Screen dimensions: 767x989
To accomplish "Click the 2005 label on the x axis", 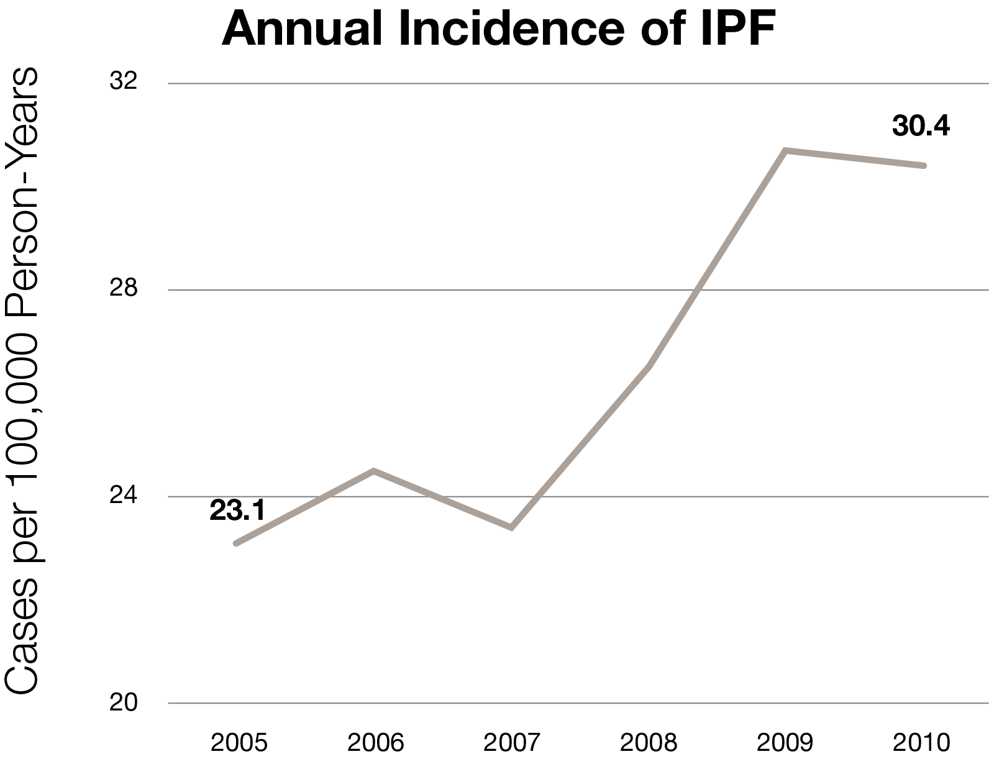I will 239,743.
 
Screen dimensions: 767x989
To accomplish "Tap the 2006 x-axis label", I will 375,743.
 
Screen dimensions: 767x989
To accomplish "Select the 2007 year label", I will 512,743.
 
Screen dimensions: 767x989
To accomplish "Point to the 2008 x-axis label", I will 649,743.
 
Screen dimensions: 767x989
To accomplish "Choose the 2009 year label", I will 785,743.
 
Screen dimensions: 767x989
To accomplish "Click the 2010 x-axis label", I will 921,743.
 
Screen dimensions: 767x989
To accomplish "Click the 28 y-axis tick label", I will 123,289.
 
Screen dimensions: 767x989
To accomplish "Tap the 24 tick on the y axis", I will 123,496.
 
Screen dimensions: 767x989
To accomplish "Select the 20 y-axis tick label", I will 123,702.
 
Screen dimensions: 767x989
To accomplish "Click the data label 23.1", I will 237,511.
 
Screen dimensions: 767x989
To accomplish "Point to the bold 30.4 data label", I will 921,126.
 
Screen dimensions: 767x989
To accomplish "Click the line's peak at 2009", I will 786,150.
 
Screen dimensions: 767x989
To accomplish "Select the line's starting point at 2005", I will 236,543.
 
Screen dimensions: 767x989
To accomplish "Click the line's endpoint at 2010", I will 924,166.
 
